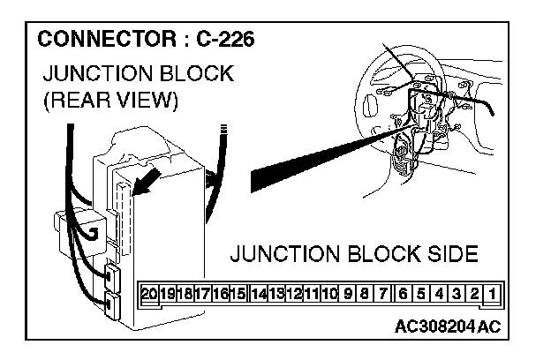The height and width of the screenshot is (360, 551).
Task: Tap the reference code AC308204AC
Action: [449, 326]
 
